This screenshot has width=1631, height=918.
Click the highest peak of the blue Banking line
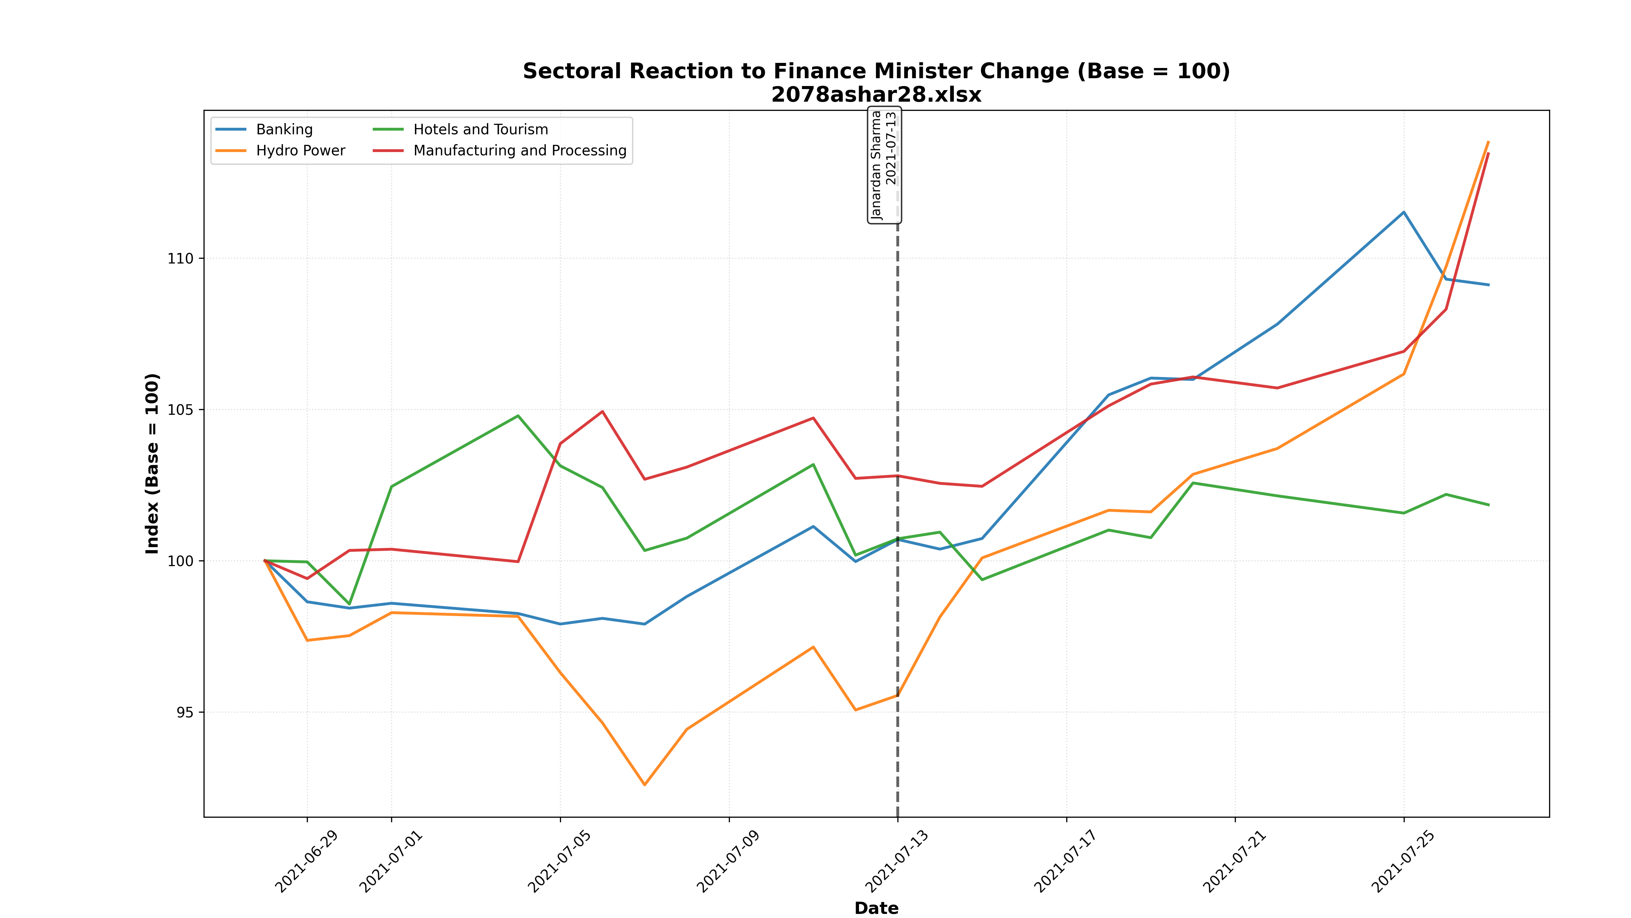1404,212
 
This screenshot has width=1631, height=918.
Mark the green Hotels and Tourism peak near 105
518,415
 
